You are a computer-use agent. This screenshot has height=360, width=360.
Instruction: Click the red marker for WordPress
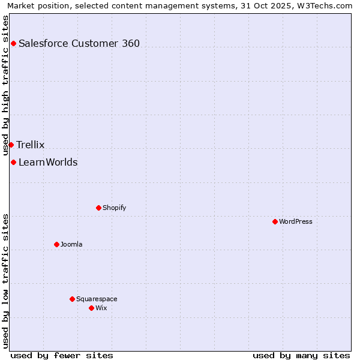275,221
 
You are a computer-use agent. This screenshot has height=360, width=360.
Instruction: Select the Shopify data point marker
98,208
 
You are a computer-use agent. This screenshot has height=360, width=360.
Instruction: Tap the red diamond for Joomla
56,244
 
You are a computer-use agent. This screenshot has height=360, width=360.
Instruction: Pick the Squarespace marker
72,299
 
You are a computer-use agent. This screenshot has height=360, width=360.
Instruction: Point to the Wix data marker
91,308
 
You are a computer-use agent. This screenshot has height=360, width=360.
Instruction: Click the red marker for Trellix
11,145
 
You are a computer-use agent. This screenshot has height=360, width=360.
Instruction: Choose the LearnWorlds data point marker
13,162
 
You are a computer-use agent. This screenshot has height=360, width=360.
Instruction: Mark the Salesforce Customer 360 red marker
13,43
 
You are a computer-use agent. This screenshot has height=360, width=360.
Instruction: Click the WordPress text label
296,221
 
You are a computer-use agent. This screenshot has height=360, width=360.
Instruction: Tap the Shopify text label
114,208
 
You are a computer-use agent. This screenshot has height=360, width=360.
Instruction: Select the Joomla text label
71,244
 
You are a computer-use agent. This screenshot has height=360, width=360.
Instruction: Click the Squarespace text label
97,299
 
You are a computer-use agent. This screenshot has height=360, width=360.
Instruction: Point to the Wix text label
101,308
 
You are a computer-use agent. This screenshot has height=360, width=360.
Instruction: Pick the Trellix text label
31,145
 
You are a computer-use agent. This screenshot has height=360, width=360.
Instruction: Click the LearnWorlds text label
48,162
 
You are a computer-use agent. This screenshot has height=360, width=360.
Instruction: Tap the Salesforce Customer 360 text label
79,43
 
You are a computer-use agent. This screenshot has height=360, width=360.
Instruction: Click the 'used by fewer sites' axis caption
62,355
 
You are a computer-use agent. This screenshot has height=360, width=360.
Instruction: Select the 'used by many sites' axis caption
301,355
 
